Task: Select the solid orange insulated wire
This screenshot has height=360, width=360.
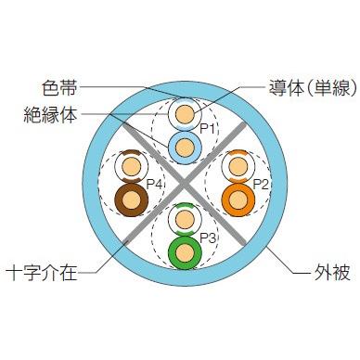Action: click(x=238, y=198)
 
